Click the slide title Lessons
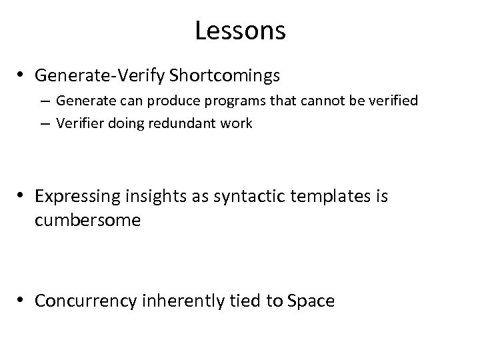[240, 31]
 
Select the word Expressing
[75, 196]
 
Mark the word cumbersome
[87, 220]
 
